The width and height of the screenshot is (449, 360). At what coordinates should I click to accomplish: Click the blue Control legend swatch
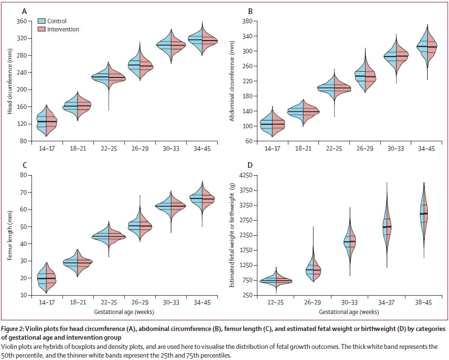pos(42,21)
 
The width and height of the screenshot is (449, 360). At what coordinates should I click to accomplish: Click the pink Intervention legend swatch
pos(42,29)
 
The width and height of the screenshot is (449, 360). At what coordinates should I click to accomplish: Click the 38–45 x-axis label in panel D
pos(423,302)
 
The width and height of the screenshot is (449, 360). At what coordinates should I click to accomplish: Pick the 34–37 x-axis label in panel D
pos(386,302)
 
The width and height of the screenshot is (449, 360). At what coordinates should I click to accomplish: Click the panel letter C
pos(25,165)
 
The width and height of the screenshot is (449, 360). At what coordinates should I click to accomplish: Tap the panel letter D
pos(250,165)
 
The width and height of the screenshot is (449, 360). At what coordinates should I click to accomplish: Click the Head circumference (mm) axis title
pos(10,81)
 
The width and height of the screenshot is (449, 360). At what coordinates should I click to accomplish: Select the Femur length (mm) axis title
pos(10,236)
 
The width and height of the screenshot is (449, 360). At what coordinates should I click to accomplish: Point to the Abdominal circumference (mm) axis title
pos(232,81)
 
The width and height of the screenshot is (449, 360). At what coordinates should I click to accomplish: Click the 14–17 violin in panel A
pos(46,120)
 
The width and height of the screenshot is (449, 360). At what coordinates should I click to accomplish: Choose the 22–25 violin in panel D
pos(276,281)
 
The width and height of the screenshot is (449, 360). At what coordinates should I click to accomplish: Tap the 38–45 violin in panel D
pos(424,219)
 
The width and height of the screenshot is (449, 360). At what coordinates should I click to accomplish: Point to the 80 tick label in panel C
pos(23,175)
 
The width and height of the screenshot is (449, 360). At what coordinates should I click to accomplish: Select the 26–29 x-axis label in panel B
pos(365,149)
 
